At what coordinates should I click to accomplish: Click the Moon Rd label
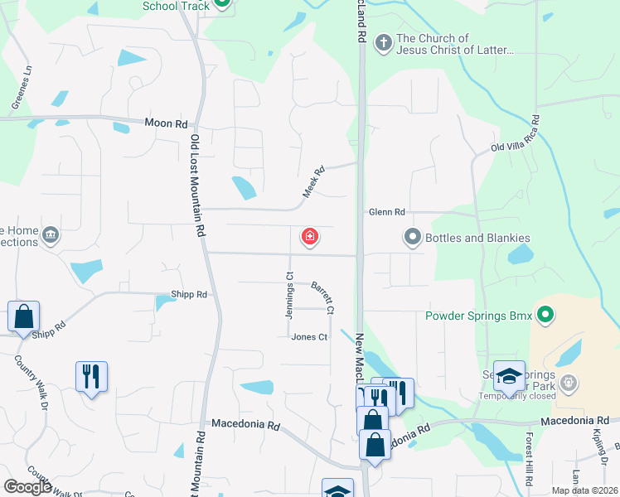coord(166,123)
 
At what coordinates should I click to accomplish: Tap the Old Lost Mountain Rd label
coord(197,186)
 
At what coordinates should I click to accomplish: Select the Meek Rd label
coord(312,180)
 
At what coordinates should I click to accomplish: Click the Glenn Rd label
coord(387,212)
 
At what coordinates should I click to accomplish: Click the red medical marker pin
coord(310,239)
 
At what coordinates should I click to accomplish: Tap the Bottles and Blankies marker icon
coord(412,238)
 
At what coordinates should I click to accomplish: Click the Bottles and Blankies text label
coord(477,238)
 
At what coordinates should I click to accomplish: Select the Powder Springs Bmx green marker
coord(545,315)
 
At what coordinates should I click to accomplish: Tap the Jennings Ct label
coord(289,296)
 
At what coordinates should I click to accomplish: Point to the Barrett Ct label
coord(322,298)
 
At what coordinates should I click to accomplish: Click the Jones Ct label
coord(309,337)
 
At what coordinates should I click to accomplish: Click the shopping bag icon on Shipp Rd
coord(23,316)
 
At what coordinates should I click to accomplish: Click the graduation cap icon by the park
coord(509,376)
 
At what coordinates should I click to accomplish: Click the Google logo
coord(28,487)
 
